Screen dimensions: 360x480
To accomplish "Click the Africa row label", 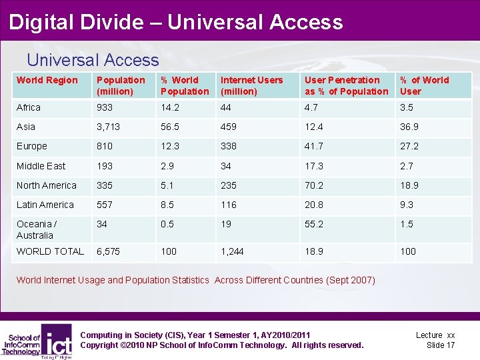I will (29, 107).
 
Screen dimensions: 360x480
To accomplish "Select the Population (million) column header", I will (115, 85).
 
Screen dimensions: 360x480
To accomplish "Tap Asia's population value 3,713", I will (109, 127).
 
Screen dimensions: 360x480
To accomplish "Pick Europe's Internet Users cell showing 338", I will (229, 146).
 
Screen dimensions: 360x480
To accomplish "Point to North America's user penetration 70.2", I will (314, 185).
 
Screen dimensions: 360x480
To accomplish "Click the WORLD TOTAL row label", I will (50, 251).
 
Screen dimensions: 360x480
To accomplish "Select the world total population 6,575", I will (109, 251).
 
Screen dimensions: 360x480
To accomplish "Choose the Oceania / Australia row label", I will (37, 229).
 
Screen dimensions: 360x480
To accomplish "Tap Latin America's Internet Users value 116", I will (229, 205).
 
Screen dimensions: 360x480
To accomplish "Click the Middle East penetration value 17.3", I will (314, 165).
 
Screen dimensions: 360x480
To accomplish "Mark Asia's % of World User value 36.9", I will (408, 127).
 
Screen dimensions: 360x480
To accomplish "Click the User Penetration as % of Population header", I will (346, 85).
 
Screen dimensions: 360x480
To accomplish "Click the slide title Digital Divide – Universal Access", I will (176, 22).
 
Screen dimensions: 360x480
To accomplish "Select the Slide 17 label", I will (440, 345).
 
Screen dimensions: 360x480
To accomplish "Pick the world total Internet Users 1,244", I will (233, 251).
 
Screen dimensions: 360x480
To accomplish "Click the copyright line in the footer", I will (221, 345).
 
